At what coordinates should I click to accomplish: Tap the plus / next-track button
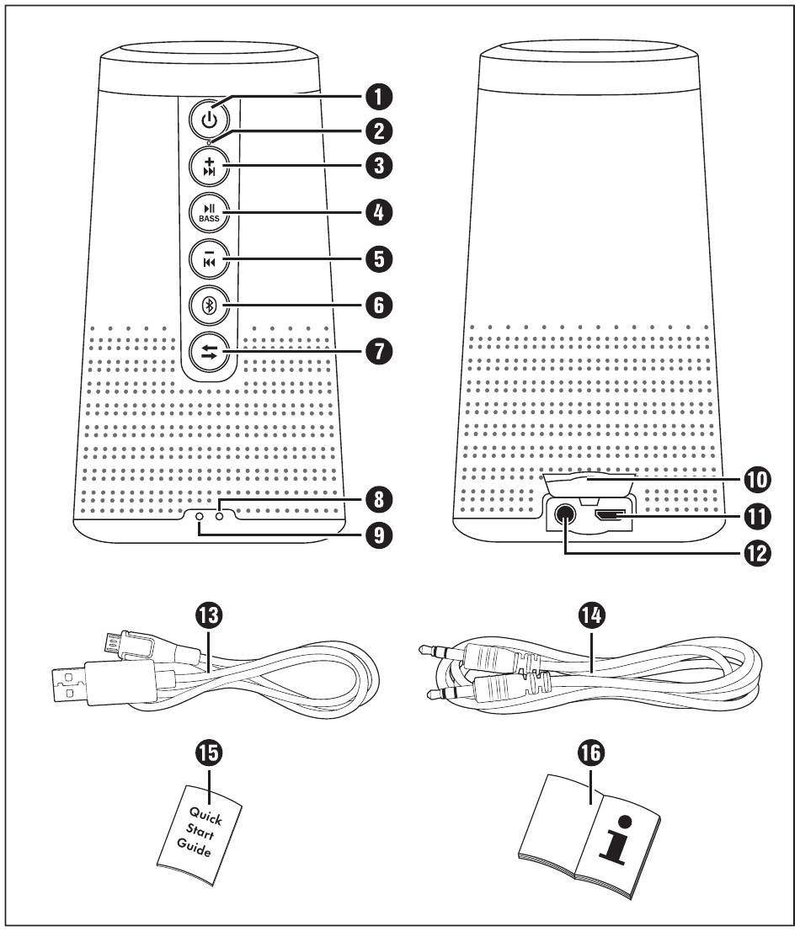click(x=207, y=164)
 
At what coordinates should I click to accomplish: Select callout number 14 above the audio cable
click(x=588, y=620)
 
